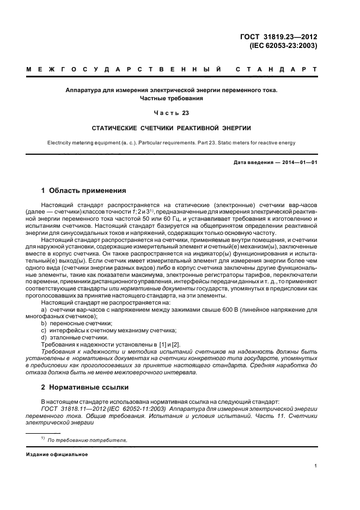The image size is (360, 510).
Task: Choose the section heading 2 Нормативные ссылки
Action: point(86,387)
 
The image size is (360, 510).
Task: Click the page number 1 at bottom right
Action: point(316,466)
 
